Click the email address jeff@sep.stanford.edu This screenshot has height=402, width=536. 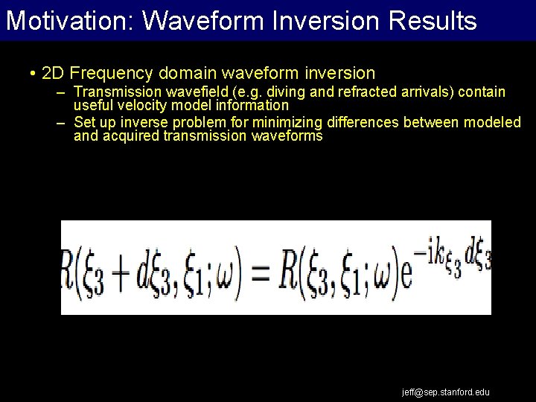pos(445,392)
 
